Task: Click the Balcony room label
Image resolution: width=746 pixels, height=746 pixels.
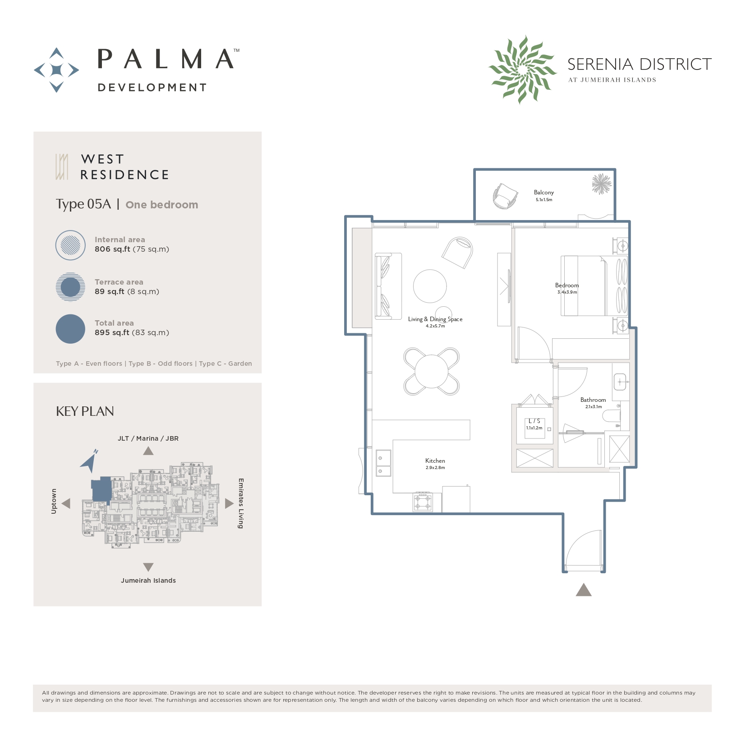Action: [x=543, y=193]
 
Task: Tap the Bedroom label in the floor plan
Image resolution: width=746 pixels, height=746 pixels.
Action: [x=567, y=286]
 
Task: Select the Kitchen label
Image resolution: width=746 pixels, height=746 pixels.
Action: [x=435, y=461]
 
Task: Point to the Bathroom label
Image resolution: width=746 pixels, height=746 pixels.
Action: [x=593, y=400]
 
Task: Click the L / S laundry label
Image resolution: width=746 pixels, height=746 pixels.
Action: [x=534, y=421]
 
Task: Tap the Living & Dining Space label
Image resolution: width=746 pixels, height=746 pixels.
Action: [x=435, y=319]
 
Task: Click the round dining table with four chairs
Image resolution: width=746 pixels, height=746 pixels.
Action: [x=432, y=371]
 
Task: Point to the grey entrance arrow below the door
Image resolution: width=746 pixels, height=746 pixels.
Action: [x=584, y=590]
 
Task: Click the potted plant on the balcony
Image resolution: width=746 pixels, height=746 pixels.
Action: [x=602, y=184]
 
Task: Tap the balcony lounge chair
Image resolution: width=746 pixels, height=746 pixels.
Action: [x=505, y=196]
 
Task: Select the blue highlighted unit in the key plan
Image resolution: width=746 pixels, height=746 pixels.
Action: [x=101, y=489]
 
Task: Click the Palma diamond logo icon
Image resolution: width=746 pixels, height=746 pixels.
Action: [x=56, y=70]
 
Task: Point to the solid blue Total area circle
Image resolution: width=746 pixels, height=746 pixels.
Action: [x=70, y=329]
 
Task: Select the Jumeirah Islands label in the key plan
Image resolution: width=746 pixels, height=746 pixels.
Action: [x=148, y=580]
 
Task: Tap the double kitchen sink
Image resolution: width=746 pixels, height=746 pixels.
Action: [x=383, y=464]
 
